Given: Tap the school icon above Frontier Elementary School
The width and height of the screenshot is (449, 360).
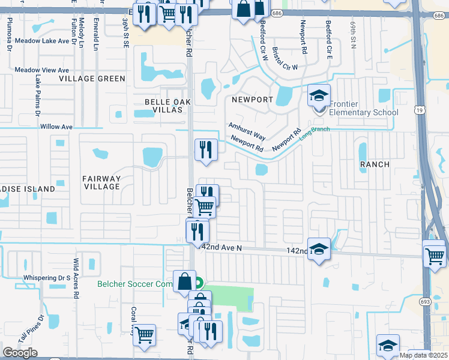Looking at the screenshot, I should point(319,95).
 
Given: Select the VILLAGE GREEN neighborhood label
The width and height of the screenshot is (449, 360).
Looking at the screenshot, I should point(92,79).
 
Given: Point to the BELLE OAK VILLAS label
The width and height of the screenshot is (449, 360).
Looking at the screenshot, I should point(167,106).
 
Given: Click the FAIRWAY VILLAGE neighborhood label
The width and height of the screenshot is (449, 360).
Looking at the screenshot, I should point(102,182).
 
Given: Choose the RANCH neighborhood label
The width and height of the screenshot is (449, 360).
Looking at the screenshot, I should point(374,164).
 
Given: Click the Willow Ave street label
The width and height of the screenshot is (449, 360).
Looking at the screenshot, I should point(56,127).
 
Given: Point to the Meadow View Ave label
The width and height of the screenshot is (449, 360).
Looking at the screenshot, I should point(42,70).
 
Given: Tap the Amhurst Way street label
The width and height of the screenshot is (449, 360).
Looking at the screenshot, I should point(246,131).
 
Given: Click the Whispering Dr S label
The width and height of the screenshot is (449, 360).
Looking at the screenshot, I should point(47,278).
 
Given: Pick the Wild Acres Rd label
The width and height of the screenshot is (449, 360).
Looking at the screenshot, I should point(76,278).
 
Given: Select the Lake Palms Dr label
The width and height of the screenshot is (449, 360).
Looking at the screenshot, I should point(37,96).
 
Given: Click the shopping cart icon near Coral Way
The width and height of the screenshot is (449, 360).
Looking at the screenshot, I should point(144,334).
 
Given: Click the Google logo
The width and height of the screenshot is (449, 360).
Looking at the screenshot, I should point(20,352).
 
